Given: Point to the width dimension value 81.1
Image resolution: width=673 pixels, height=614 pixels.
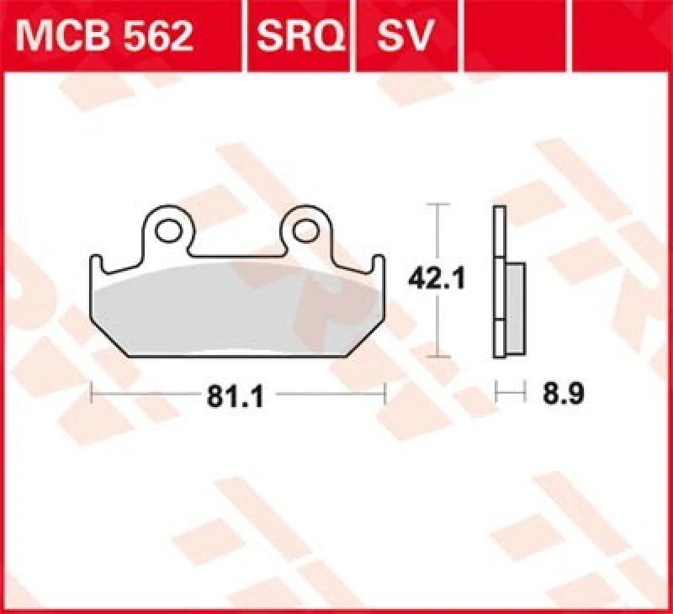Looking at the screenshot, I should click(x=236, y=395).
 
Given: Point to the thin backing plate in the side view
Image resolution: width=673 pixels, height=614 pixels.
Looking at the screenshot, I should click(x=499, y=286).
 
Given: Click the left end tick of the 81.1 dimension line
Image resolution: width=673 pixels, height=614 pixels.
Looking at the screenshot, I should click(x=91, y=394).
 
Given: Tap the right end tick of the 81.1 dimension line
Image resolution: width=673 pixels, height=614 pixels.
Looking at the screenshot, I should click(x=384, y=394).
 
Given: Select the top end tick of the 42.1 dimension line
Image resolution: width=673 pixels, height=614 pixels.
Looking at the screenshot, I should click(x=435, y=204).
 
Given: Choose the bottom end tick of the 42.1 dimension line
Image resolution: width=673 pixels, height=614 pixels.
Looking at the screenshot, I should click(x=435, y=357).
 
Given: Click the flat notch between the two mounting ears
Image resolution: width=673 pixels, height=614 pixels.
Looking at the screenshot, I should click(x=237, y=254).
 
